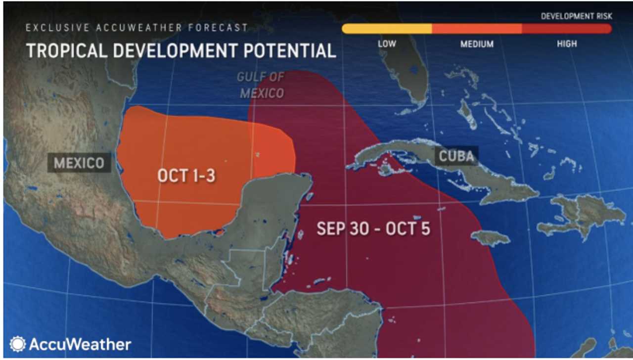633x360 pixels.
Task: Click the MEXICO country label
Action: [x=79, y=163]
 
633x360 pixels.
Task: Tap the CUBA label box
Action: [x=456, y=156]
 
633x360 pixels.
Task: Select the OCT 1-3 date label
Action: [x=186, y=175]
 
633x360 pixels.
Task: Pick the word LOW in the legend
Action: [x=387, y=44]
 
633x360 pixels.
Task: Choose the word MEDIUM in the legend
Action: [x=477, y=44]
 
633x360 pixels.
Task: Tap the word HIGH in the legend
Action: [x=567, y=44]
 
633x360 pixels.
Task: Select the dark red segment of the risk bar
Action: [x=567, y=29]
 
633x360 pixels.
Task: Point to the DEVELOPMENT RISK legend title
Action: [x=577, y=16]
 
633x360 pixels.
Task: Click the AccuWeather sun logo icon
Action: [x=17, y=344]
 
